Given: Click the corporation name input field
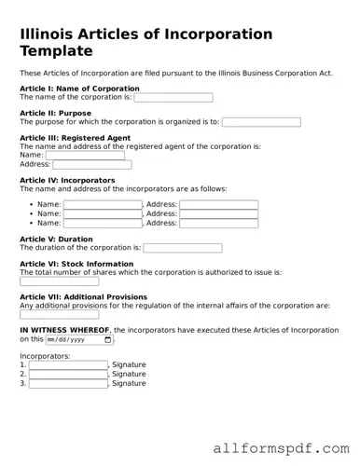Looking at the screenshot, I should [173, 97].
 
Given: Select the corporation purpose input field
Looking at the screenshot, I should [260, 122].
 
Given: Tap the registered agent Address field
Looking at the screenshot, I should [91, 165].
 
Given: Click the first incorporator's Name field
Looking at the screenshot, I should [102, 204].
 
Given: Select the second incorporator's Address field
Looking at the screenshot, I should [218, 213].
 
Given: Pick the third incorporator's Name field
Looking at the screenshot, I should [102, 224].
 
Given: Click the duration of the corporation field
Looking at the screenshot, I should [182, 248].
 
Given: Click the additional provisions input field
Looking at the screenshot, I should [58, 315].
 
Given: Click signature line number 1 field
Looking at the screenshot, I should [67, 364].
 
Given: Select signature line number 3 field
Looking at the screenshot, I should [67, 383].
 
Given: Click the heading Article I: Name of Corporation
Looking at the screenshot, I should [79, 88].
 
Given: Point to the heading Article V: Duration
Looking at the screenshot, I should [56, 240].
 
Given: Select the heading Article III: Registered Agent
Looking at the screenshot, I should [75, 138].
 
